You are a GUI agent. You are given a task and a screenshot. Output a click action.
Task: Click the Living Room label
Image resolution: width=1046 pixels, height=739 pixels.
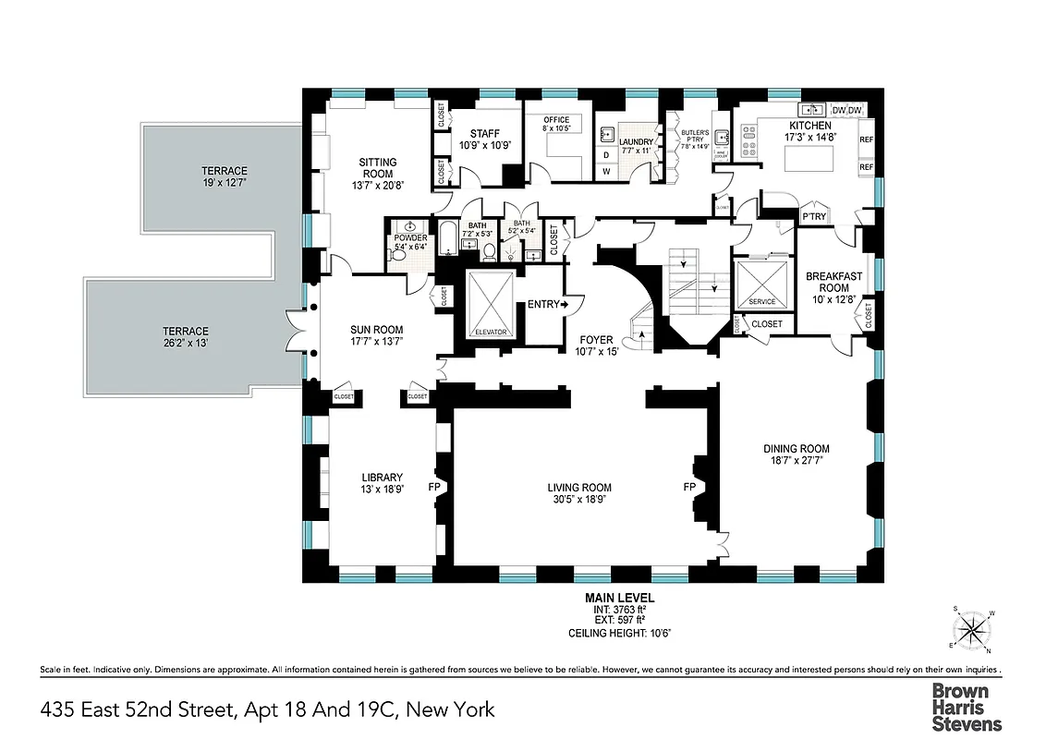pos(579,488)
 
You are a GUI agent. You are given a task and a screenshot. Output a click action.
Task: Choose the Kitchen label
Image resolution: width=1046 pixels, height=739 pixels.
pos(809,126)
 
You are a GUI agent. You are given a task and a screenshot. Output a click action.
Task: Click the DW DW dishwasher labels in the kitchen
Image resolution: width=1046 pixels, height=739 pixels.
pos(846,111)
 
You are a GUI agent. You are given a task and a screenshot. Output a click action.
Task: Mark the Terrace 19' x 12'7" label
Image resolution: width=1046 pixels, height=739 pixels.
pos(225,171)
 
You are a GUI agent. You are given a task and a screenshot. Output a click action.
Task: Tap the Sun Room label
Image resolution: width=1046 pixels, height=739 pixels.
pos(376,330)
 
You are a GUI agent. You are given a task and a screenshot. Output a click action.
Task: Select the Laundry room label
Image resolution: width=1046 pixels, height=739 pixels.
pos(636,142)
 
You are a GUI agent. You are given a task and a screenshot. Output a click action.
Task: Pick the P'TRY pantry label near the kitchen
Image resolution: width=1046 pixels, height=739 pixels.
pos(813,217)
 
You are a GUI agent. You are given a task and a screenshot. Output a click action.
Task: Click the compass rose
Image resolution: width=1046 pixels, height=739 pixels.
pos(971,630)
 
